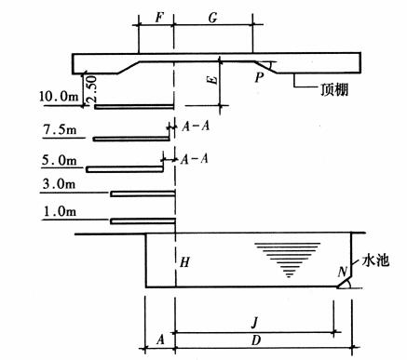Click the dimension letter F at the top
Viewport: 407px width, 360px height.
point(158,18)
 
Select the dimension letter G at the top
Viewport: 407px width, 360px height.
point(212,18)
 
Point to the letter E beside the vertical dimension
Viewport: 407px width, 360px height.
point(212,80)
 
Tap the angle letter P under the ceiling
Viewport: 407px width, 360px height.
point(259,77)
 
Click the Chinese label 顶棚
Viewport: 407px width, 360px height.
point(334,90)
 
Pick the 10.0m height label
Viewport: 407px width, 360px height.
point(59,97)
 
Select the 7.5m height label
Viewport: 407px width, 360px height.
point(60,129)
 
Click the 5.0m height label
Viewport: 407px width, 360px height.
point(59,161)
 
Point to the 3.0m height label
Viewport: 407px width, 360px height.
point(59,184)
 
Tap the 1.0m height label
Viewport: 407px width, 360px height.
point(60,212)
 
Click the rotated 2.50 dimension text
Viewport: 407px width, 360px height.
point(91,89)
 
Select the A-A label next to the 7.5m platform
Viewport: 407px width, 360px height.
point(196,127)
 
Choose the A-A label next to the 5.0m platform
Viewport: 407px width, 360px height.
point(195,159)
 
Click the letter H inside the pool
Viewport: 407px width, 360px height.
point(184,262)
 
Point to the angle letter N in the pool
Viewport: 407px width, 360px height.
point(343,273)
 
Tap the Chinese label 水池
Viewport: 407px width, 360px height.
point(375,261)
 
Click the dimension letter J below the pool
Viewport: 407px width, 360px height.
point(254,324)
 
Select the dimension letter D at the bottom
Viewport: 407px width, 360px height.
point(255,340)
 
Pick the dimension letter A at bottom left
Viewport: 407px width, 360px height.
point(160,340)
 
